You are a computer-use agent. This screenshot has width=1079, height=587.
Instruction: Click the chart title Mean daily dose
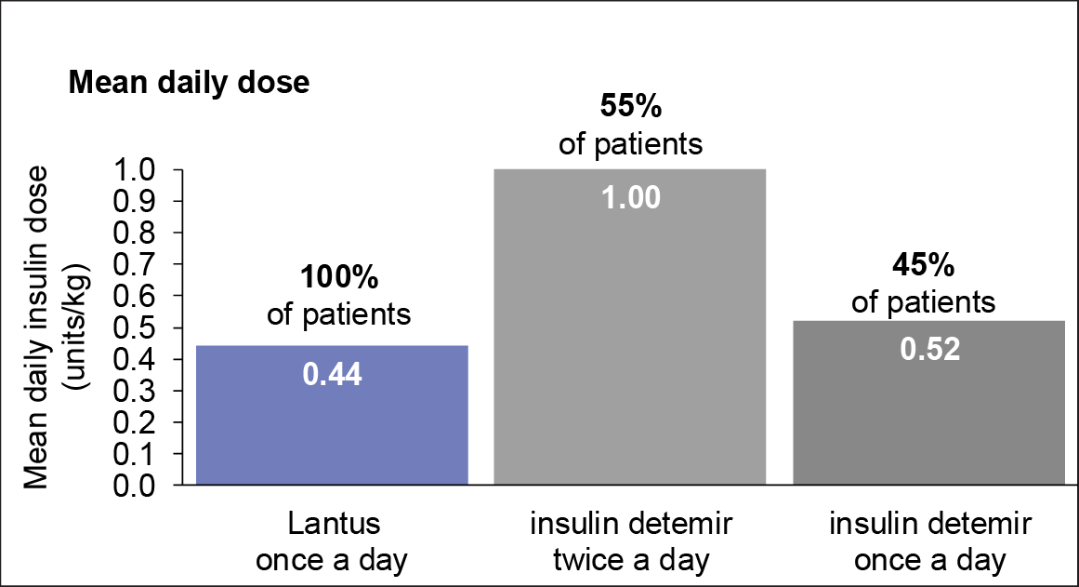click(188, 83)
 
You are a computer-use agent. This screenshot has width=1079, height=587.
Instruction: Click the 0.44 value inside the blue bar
click(332, 375)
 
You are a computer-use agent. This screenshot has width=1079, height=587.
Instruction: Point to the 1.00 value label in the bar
click(630, 198)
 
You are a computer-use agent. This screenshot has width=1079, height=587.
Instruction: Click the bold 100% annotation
click(338, 278)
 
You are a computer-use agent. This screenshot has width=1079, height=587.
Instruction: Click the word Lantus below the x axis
click(332, 524)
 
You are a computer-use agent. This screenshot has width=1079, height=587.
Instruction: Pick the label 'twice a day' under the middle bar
click(630, 561)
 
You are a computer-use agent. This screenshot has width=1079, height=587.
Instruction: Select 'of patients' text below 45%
click(924, 302)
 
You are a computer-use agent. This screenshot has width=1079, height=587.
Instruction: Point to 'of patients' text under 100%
click(338, 314)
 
